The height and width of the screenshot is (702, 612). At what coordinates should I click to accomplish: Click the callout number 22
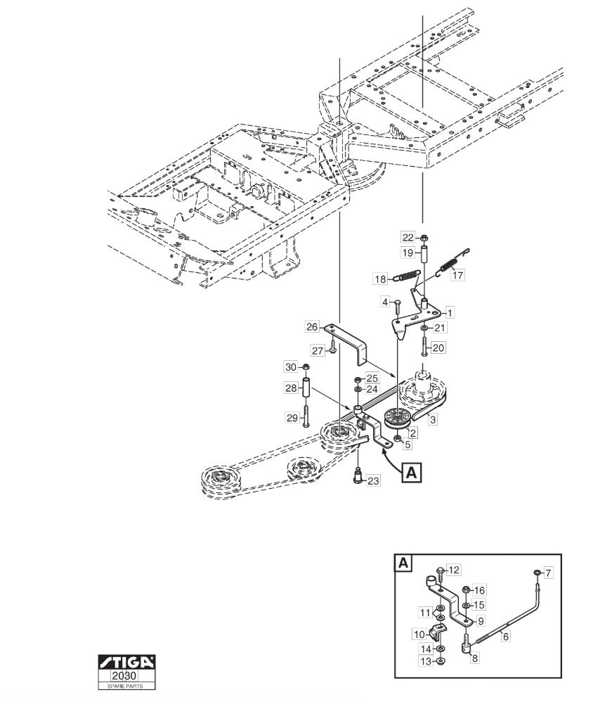click(x=408, y=238)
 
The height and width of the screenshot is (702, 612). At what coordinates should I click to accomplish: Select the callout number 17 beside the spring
click(x=457, y=274)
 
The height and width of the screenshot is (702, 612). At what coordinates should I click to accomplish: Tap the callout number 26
click(x=312, y=327)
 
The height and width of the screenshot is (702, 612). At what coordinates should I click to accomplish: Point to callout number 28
click(x=291, y=388)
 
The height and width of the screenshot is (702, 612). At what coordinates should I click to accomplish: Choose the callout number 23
click(x=373, y=481)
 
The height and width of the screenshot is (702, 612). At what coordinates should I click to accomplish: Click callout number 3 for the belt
click(x=433, y=419)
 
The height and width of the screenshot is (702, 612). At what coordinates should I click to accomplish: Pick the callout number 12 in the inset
click(x=454, y=570)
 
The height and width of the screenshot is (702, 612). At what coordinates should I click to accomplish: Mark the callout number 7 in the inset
click(x=549, y=573)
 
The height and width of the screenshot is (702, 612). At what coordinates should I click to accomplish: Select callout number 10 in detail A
click(x=419, y=634)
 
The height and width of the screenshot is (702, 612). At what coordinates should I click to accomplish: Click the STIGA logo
click(x=126, y=662)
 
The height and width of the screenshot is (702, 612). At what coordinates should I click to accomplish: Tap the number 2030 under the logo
click(x=125, y=675)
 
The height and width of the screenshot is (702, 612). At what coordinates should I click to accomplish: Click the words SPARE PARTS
click(x=125, y=687)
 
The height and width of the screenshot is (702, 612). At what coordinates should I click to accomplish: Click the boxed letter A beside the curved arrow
click(x=412, y=472)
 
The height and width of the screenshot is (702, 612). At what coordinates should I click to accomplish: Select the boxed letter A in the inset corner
click(x=403, y=563)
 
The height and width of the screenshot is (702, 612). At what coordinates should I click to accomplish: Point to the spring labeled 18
click(x=407, y=275)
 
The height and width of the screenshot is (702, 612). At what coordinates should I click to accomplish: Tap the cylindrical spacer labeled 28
click(x=307, y=388)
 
